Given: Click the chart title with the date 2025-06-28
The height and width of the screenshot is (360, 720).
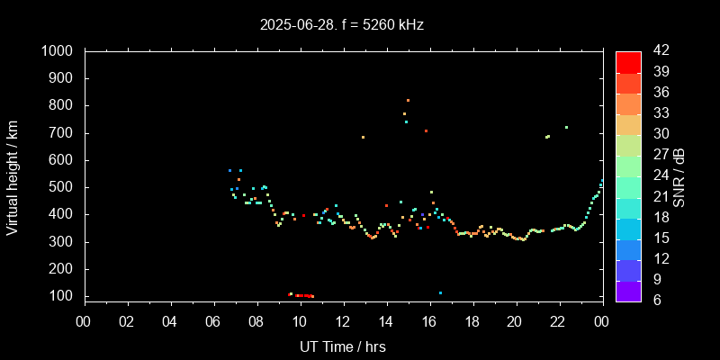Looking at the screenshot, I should (x=341, y=24).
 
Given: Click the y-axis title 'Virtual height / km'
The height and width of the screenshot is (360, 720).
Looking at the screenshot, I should (x=13, y=175).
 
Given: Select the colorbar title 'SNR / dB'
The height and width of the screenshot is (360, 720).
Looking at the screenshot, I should (x=679, y=175).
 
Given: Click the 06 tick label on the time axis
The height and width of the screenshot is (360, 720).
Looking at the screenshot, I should (x=213, y=321).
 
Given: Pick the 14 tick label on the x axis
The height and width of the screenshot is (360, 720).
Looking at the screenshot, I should (x=385, y=321).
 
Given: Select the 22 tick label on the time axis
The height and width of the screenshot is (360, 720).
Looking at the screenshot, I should (x=558, y=321).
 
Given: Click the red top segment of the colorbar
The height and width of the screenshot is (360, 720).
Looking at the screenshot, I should (x=628, y=61).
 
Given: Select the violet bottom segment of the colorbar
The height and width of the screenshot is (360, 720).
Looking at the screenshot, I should (x=628, y=290).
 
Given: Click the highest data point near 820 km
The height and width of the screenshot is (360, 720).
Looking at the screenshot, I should (x=408, y=100).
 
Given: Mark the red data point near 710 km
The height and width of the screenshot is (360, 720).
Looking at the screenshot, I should (x=426, y=130).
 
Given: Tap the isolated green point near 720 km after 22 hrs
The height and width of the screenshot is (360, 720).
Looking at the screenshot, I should (x=566, y=127).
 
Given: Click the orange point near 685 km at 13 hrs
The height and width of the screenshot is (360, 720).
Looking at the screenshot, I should (x=363, y=137).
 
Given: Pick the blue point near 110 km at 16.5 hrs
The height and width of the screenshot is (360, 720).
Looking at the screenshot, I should (x=440, y=292).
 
